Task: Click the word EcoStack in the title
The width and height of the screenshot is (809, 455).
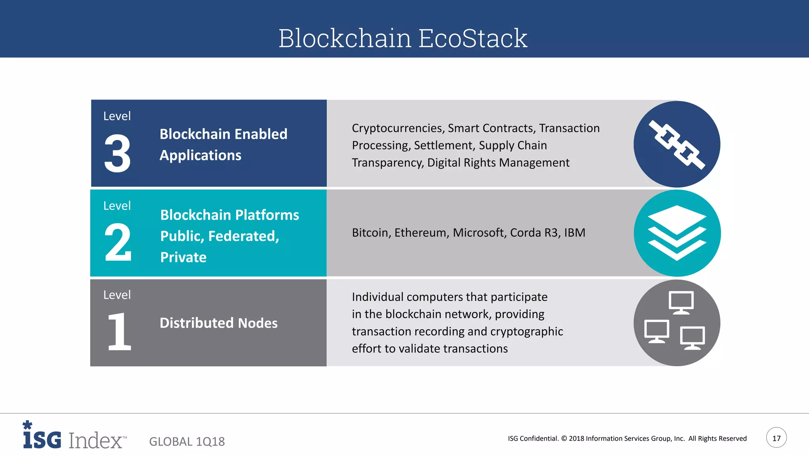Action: pos(472,38)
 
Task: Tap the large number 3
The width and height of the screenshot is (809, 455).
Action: pos(117,154)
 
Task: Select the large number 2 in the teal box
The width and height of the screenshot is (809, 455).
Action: pos(117,242)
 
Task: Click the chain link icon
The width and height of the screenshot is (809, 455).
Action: pos(677,144)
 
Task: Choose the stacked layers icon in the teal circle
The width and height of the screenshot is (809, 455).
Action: pos(677,233)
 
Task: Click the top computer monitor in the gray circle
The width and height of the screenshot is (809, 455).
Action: pos(681,303)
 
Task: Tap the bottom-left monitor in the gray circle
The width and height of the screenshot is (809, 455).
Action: pos(657,331)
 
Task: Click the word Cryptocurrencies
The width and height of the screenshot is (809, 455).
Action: pos(398,128)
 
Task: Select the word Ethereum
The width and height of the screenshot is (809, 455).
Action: pos(421,233)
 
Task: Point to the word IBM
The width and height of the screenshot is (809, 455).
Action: pos(574,233)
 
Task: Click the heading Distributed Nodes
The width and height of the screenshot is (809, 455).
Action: pos(218,323)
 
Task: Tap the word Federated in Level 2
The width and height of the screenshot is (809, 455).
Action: pos(243,236)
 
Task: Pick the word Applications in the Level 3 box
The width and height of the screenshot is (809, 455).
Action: pos(200,155)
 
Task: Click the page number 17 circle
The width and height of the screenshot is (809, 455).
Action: pos(776,438)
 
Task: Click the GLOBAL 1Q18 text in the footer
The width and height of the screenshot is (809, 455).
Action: pos(187,441)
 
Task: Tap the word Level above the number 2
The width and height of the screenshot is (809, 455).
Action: pos(117,206)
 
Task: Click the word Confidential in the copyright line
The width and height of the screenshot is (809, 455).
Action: pos(539,438)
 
